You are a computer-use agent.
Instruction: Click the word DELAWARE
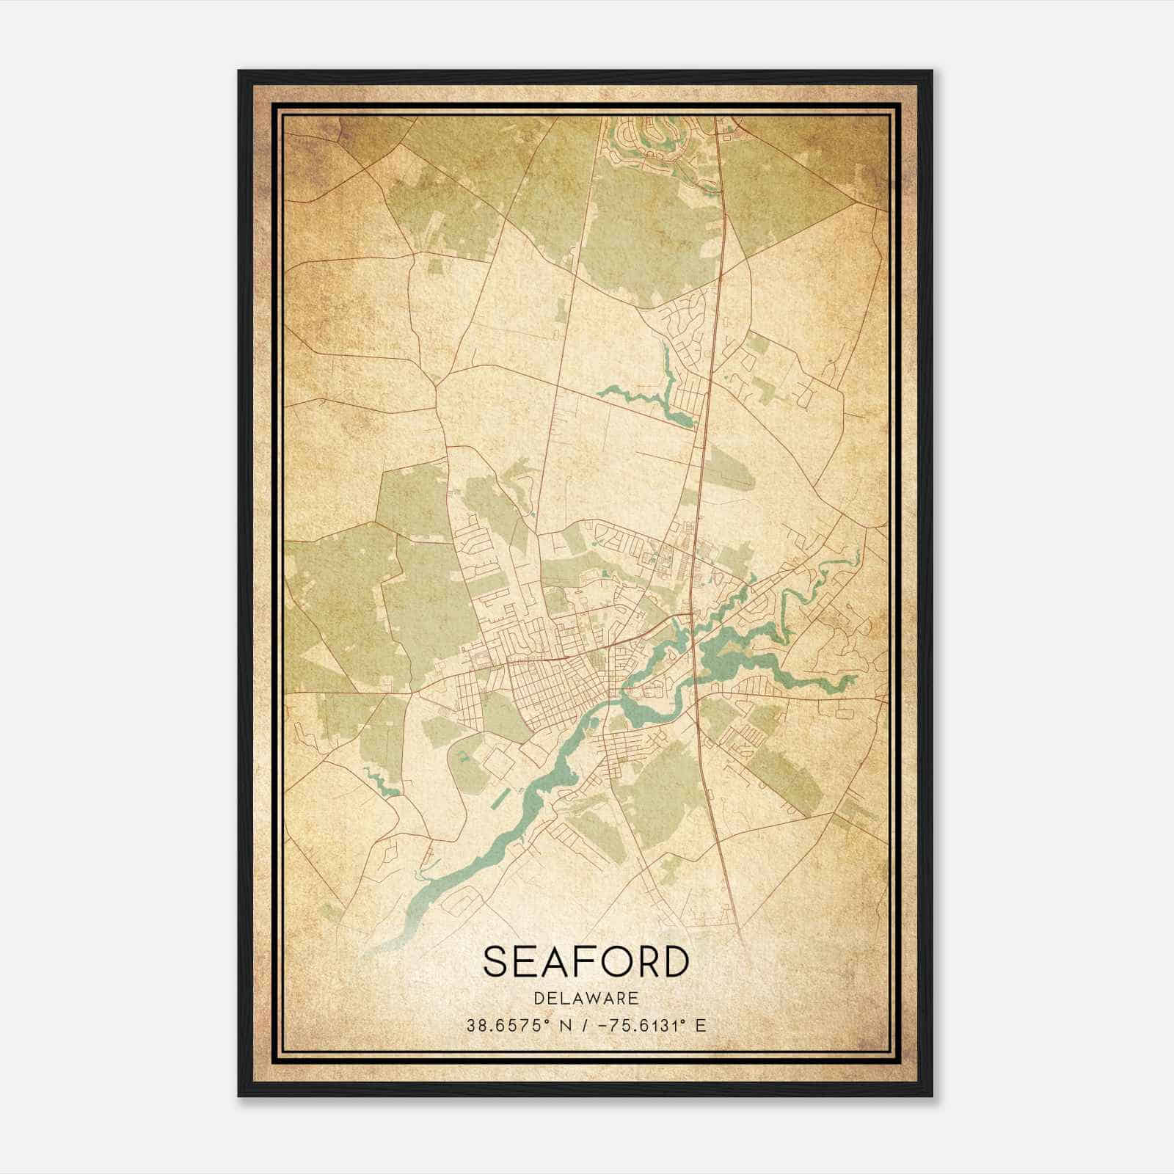click(586, 998)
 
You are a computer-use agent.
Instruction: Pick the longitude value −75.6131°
click(637, 1026)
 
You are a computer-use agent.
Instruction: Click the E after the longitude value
click(700, 1026)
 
